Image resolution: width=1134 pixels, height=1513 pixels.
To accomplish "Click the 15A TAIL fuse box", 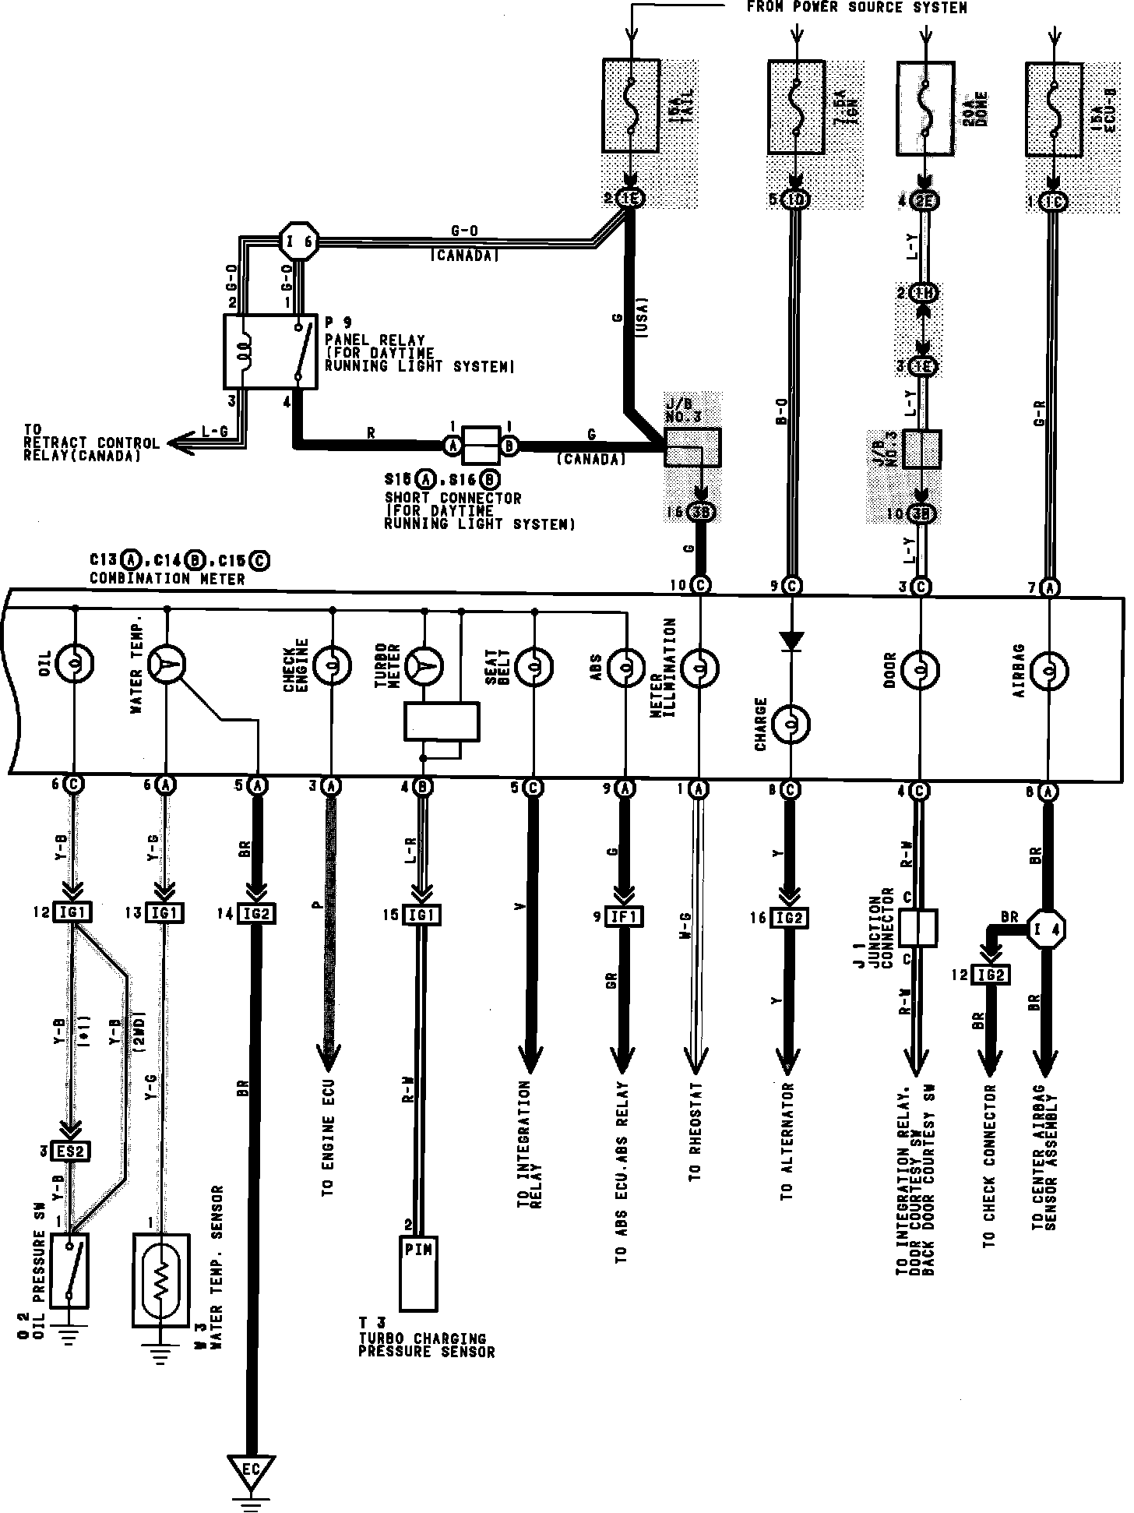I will (x=630, y=106).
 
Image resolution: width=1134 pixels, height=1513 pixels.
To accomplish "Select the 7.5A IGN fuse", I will (x=796, y=108).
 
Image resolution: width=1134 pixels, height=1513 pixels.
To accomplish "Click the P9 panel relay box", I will (x=270, y=351).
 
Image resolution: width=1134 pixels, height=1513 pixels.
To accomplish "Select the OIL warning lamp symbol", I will (x=75, y=664).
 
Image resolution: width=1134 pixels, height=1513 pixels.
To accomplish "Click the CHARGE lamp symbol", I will (x=791, y=725).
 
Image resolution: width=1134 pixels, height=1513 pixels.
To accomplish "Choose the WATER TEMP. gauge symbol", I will (x=166, y=664).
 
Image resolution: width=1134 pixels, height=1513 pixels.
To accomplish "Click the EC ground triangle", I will (x=251, y=1469).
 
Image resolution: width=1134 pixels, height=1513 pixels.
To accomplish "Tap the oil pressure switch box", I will (x=70, y=1269).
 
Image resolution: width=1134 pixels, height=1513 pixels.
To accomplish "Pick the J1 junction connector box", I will (x=917, y=928).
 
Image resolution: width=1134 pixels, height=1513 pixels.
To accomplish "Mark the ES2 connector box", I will (x=71, y=1150).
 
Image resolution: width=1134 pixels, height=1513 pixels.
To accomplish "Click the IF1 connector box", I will (x=625, y=917).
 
